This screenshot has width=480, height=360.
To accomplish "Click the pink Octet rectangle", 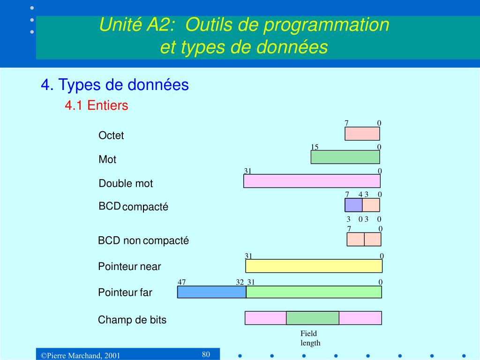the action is [362, 134].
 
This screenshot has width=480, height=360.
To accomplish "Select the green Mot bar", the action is [345, 157].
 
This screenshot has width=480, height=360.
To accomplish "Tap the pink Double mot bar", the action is [312, 181].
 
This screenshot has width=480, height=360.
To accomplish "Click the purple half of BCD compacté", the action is [353, 205].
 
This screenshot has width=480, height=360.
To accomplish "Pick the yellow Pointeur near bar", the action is [314, 266].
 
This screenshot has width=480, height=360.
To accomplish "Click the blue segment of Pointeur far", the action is [211, 292].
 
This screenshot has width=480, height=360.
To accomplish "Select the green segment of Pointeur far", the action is [314, 292].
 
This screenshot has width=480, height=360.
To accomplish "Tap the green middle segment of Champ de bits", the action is [312, 318].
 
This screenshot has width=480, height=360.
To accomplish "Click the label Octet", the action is [111, 135].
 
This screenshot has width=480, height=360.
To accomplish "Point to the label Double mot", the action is [126, 183].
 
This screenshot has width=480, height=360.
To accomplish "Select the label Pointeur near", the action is [129, 267].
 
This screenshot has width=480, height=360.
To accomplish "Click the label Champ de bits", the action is [132, 320].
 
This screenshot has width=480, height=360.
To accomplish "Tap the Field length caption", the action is [310, 338].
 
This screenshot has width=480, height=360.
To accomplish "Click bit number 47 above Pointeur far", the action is [182, 282].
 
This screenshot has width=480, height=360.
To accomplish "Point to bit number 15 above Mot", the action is [315, 147].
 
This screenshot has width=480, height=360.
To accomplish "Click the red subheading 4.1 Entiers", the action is [96, 106].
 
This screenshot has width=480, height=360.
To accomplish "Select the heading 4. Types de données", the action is [114, 85].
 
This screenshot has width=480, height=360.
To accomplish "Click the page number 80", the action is [206, 354].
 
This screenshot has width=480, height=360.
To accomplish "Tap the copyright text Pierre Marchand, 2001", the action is [80, 356].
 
